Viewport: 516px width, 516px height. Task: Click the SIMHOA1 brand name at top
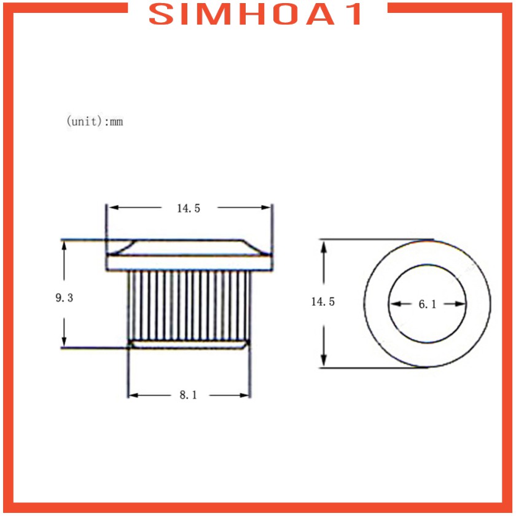click(255, 14)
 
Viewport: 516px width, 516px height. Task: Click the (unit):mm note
click(95, 122)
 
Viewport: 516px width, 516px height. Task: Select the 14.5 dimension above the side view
click(189, 208)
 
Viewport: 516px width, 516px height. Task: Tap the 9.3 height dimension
click(64, 298)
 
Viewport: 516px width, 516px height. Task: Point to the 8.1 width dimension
click(188, 395)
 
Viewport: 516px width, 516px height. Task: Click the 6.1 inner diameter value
click(428, 305)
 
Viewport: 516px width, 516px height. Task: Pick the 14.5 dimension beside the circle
click(323, 302)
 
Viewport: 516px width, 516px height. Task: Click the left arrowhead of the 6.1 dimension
click(396, 303)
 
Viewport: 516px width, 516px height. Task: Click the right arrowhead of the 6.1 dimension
click(460, 303)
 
